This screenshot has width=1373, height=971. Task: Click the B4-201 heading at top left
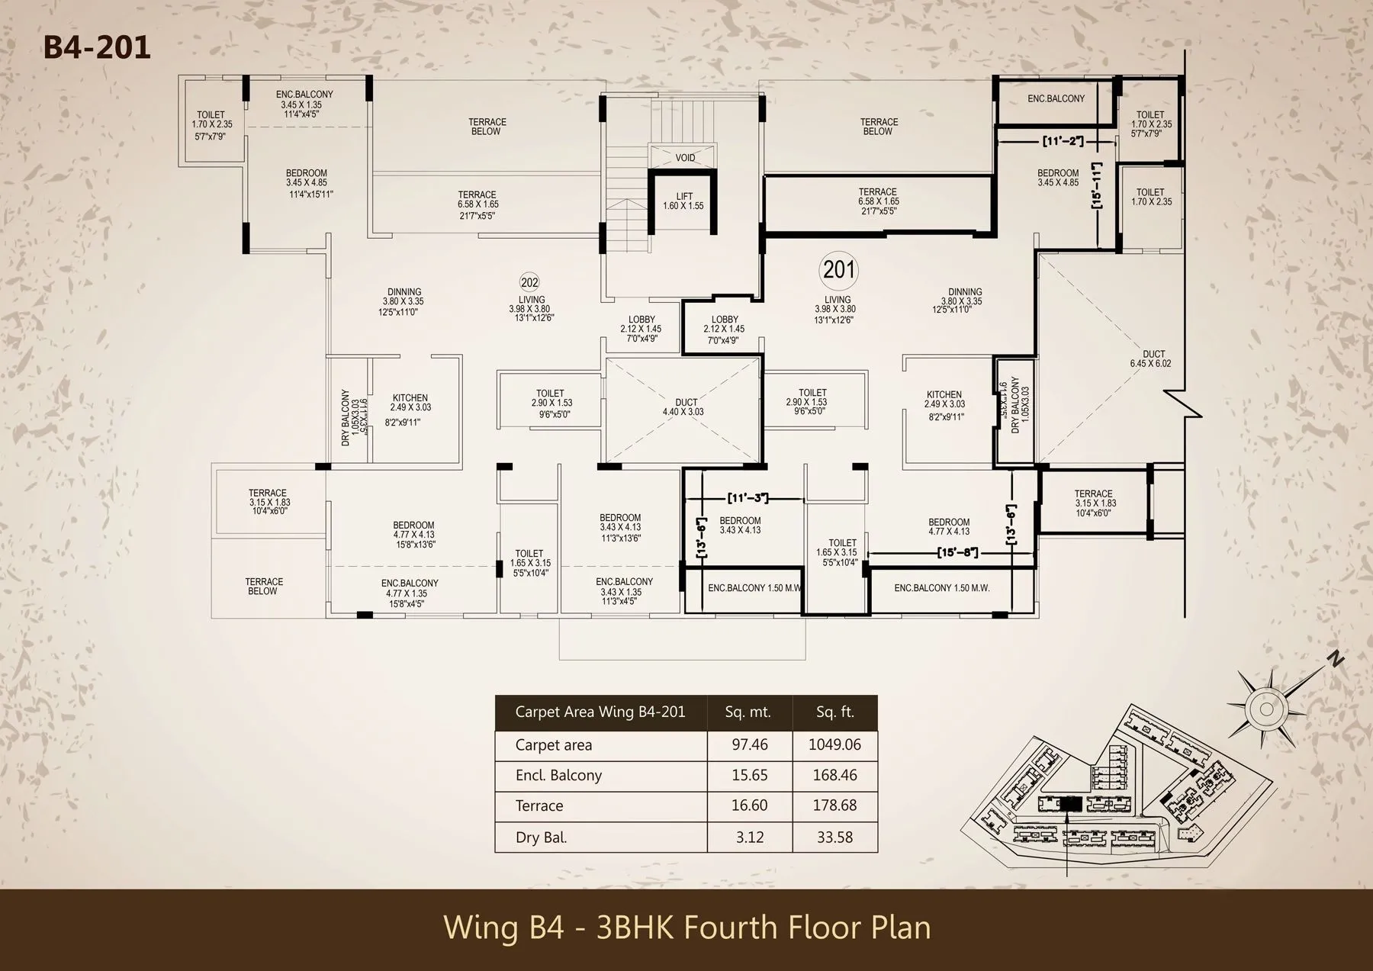pos(97,47)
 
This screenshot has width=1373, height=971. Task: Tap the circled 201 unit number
pos(838,269)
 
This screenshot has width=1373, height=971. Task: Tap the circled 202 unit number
pos(529,282)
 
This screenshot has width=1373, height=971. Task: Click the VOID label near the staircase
pos(685,158)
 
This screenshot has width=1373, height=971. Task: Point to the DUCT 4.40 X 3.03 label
pos(685,407)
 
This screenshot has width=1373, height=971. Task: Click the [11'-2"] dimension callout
pos(1063,141)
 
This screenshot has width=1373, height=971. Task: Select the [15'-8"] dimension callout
pos(957,552)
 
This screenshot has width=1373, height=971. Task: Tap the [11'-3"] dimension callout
pos(748,498)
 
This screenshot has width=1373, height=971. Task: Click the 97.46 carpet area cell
pos(749,744)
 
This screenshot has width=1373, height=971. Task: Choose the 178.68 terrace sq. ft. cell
pos(834,805)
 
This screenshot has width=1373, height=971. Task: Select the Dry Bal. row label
pos(541,838)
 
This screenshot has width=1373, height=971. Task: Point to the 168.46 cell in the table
pos(834,775)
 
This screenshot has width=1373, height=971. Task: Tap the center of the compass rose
pos(1266,709)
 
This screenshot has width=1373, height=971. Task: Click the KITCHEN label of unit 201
pos(944,395)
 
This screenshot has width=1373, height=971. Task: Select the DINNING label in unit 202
pos(404,292)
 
